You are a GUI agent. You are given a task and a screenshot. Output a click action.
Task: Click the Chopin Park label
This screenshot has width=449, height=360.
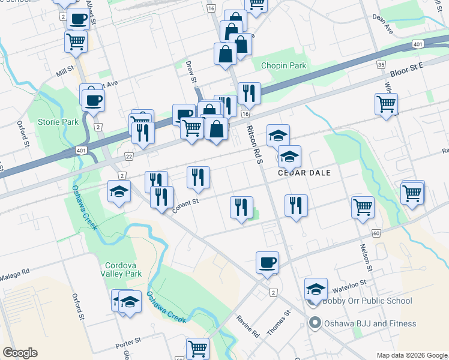click(283, 66)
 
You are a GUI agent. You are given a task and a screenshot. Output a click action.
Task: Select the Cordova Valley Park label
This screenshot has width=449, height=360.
click(123, 269)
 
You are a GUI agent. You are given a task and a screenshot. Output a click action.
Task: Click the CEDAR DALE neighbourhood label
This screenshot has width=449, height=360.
click(304, 172)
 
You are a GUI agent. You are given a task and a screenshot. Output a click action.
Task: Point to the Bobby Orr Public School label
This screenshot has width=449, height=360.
click(367, 301)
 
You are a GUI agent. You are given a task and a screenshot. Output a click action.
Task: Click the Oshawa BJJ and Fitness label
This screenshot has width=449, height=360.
click(370, 323)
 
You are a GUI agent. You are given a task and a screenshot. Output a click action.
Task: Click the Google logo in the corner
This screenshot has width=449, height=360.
click(19, 353)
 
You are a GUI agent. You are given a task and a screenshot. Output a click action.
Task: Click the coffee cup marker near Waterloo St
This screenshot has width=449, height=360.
click(267, 263)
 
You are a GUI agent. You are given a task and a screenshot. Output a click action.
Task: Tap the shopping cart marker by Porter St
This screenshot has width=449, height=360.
click(197, 348)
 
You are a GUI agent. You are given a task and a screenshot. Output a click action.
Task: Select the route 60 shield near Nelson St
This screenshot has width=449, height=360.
click(376, 233)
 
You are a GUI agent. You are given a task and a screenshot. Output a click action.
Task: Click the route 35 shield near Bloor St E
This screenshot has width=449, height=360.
click(381, 64)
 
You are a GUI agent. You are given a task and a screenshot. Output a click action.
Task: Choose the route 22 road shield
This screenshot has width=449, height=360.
click(127, 155)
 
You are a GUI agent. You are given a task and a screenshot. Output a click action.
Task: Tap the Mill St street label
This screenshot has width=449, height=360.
click(64, 71)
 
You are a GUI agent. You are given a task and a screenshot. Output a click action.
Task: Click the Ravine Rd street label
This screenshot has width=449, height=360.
click(247, 325)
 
